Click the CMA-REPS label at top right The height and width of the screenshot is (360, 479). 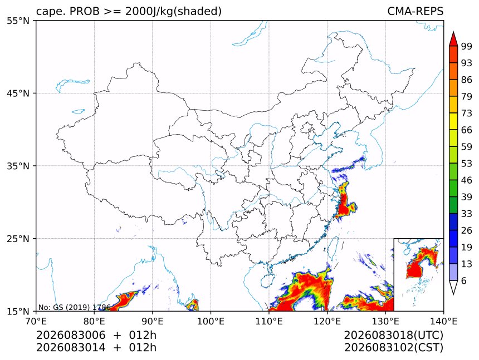415,11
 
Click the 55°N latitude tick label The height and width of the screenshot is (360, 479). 18,21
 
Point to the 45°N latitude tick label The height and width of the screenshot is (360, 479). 18,93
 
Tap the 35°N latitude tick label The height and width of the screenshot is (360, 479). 18,166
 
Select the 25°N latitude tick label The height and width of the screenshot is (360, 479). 18,238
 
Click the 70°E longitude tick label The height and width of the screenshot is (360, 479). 36,321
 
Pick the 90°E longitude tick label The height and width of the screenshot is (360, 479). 153,321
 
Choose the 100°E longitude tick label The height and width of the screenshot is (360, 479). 211,321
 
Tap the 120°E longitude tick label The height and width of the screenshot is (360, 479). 327,321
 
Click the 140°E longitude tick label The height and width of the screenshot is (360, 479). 443,321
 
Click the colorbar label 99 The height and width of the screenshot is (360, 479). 467,46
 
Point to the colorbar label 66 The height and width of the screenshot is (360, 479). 467,130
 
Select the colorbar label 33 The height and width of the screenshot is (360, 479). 467,214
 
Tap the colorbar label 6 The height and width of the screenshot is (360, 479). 464,280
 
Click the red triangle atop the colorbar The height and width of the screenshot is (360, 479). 453,40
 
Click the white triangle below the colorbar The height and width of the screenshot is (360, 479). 453,287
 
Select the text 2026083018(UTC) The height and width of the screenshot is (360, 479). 393,336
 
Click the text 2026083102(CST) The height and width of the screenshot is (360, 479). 393,348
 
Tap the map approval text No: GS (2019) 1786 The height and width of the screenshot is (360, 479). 74,307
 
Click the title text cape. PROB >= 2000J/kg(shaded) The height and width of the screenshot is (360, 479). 129,12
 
